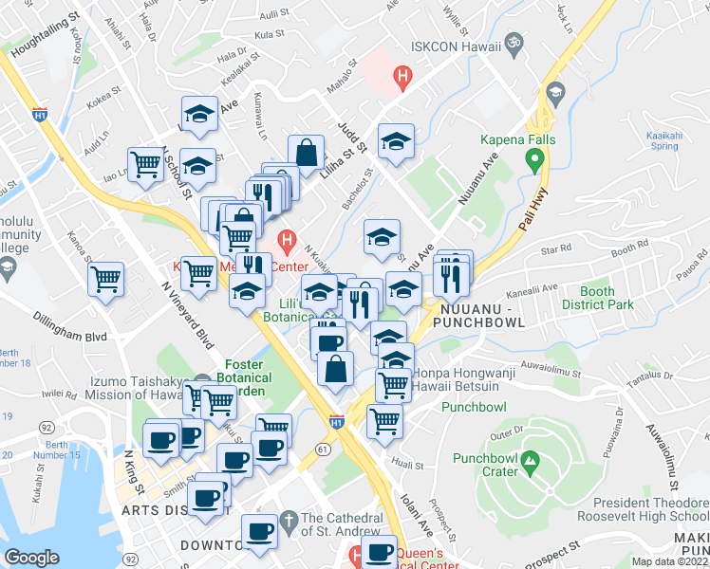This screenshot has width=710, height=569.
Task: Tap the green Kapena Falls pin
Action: [537, 160]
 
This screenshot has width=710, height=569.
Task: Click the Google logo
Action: [32, 557]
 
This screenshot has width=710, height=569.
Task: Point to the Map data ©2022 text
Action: [670, 561]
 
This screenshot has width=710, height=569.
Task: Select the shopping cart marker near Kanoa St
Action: [105, 279]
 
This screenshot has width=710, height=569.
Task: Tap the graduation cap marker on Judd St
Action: [396, 142]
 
